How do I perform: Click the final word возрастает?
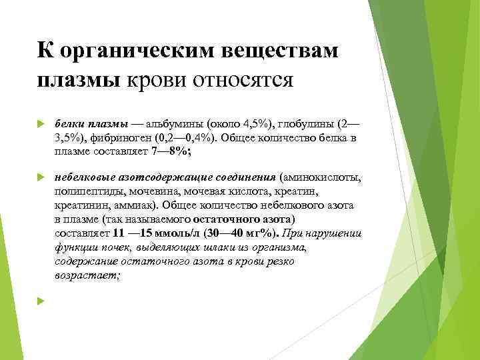click(x=87, y=275)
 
